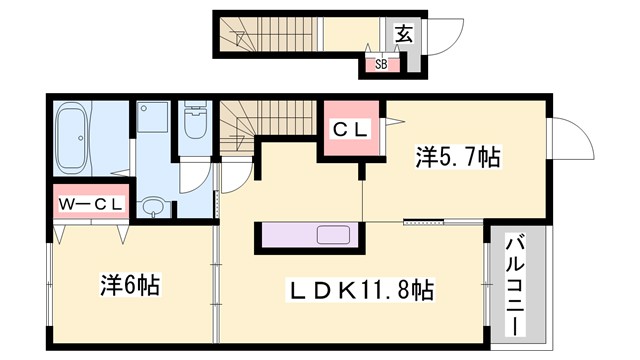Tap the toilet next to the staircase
194,122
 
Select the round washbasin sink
152,207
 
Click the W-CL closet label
91,205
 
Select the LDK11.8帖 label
361,291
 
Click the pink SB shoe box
381,65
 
